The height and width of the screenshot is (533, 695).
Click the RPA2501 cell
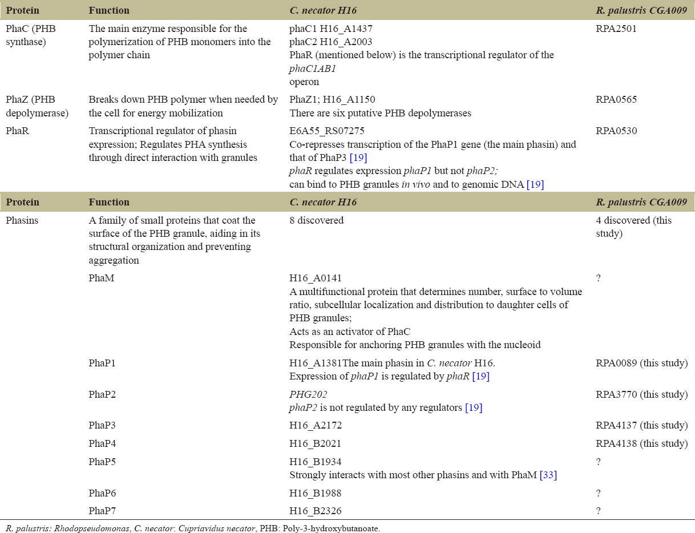point(616,29)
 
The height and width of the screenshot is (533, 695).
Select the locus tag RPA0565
point(616,99)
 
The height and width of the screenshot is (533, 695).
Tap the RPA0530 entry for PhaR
point(616,131)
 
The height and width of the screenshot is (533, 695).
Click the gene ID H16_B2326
point(316,511)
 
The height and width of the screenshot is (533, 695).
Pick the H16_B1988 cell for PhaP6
point(316,492)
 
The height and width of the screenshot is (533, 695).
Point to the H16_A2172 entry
point(316,425)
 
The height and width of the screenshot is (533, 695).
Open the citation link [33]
point(548,475)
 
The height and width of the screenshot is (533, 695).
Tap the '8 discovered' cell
point(316,220)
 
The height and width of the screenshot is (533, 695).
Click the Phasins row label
point(22,220)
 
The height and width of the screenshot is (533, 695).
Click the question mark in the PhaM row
point(598,278)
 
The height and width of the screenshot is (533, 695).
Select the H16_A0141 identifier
point(316,278)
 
